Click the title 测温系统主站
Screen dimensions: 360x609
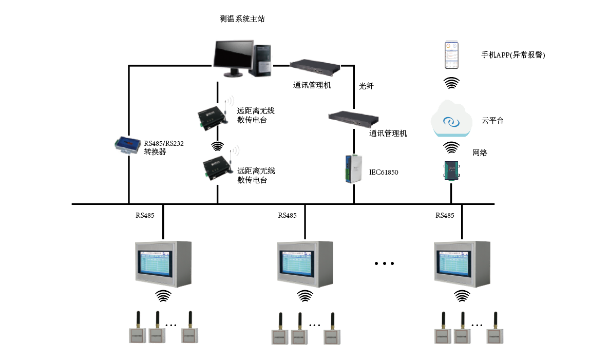[242, 19]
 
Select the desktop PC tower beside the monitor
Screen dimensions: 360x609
[263, 60]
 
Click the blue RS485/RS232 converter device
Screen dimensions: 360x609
[127, 144]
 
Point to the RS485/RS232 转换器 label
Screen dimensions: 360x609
[163, 148]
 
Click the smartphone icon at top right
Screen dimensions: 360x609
[451, 55]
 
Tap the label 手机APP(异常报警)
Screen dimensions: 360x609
[512, 55]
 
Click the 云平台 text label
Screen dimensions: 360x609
[492, 121]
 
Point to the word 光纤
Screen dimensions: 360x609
[366, 86]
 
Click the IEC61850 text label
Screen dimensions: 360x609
[384, 172]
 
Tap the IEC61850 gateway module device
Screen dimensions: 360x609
[353, 168]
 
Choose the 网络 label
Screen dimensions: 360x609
[480, 153]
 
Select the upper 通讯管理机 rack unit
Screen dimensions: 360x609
[315, 66]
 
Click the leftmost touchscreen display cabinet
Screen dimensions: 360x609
[163, 263]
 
